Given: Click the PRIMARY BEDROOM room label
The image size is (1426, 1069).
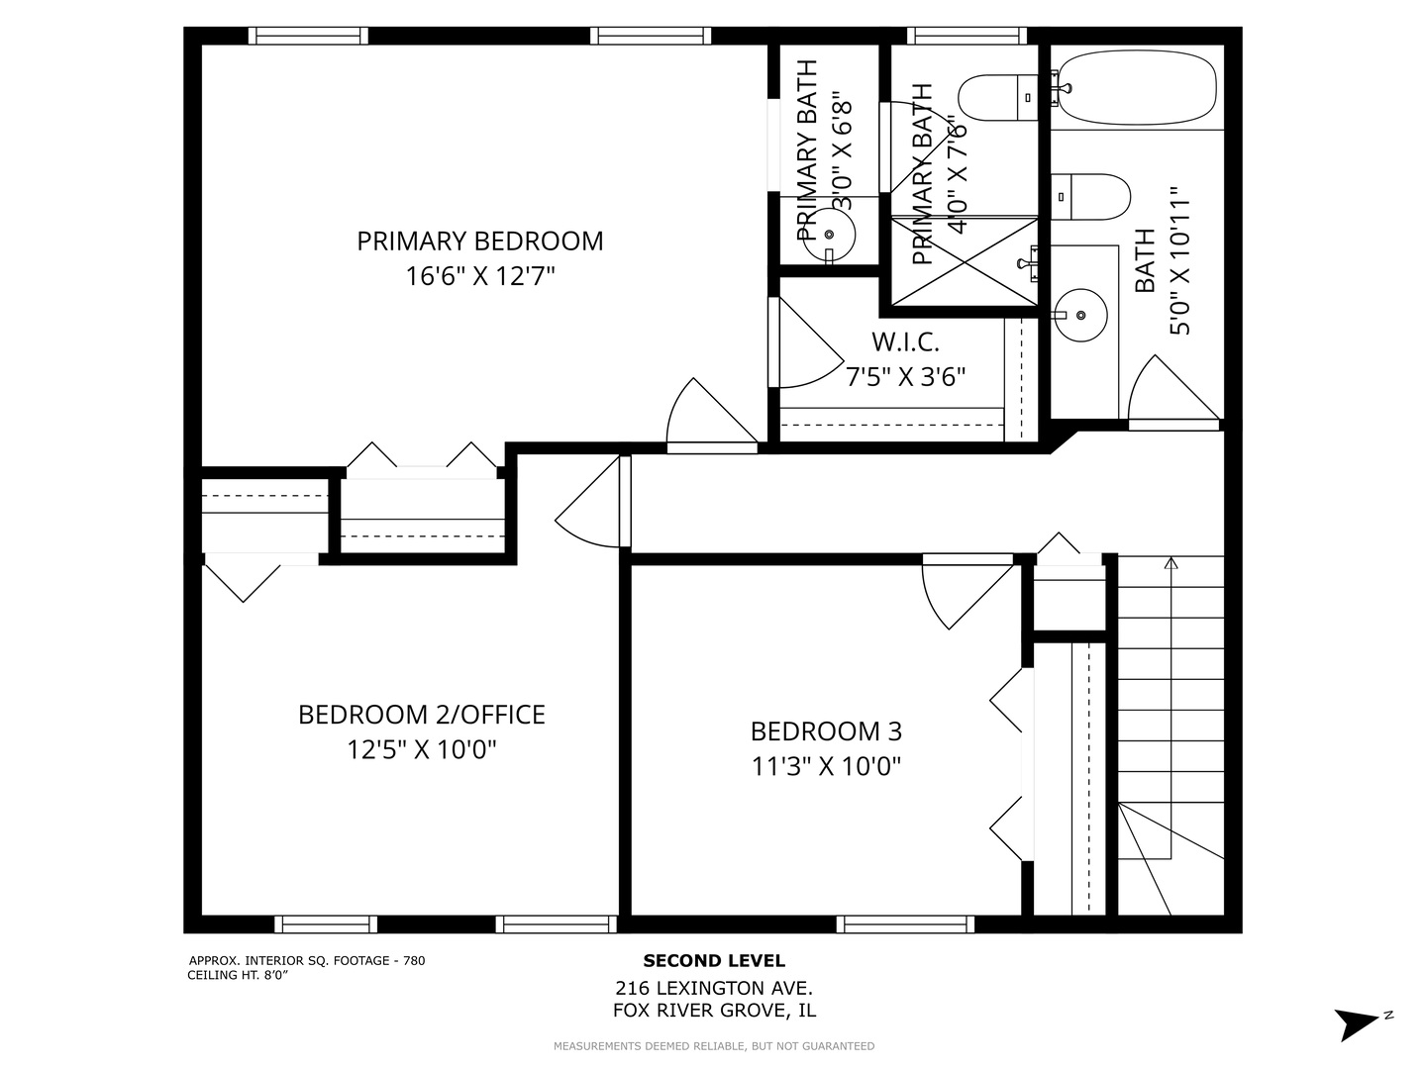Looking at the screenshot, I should click(x=479, y=241).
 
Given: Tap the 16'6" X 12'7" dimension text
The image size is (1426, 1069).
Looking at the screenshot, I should click(x=479, y=276).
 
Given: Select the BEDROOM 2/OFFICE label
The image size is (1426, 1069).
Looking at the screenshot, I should click(x=422, y=714).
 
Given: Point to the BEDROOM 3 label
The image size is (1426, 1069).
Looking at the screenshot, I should click(x=826, y=731).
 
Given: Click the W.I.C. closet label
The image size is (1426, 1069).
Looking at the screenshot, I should click(x=905, y=342).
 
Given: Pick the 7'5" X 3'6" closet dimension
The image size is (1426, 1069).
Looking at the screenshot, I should click(x=905, y=377).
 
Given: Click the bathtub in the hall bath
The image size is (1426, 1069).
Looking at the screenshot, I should click(x=1137, y=89).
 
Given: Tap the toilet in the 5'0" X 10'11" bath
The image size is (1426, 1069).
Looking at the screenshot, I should click(x=1089, y=198).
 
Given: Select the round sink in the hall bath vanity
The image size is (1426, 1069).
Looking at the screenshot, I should click(x=1081, y=315).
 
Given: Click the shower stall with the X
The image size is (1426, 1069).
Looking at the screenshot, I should click(x=965, y=261).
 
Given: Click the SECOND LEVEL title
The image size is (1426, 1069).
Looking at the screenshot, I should click(x=713, y=960).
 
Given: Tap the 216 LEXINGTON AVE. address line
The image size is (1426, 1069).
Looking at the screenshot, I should click(x=713, y=988).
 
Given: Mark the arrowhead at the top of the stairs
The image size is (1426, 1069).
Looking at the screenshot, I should click(x=1171, y=564).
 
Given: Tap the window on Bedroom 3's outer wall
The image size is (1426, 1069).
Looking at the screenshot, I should click(x=905, y=924).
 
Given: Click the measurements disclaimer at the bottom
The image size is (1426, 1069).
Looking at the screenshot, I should click(x=713, y=1046).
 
